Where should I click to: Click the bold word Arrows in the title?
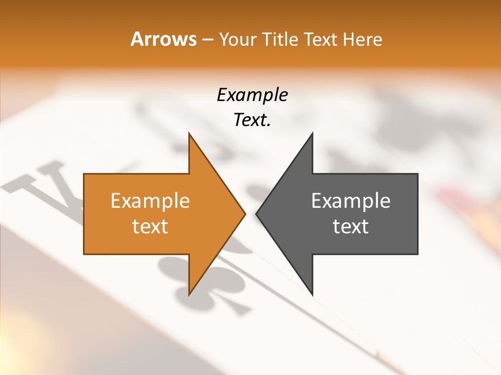[x=163, y=40]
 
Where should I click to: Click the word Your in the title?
[x=237, y=40]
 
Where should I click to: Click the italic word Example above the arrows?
[x=252, y=95]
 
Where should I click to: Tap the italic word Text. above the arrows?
[x=252, y=120]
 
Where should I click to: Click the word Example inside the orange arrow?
[x=150, y=201]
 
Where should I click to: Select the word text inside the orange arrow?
[x=150, y=227]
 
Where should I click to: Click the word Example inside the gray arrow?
[x=351, y=201]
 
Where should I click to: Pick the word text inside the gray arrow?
[x=351, y=227]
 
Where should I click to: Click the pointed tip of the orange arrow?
[x=245, y=214]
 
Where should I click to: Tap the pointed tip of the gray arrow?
[x=256, y=214]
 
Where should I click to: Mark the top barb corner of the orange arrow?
[x=189, y=133]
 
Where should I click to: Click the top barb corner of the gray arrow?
[x=312, y=133]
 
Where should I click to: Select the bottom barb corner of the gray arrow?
[x=312, y=295]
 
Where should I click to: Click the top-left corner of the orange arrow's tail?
[x=84, y=174]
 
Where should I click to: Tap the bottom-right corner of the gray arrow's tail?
[x=417, y=254]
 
